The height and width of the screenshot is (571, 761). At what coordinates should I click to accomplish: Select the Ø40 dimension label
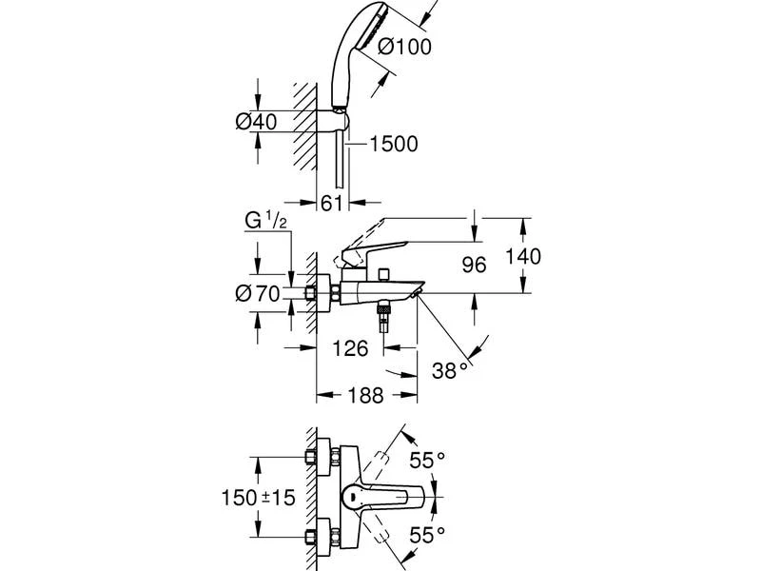point(255,121)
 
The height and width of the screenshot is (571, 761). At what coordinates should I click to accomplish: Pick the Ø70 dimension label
point(257,294)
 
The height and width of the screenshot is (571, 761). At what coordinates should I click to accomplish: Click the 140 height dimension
point(523,256)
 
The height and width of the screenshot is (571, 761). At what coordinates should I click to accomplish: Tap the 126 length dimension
point(349,348)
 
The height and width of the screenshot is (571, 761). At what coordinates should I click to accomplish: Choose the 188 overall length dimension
point(364,395)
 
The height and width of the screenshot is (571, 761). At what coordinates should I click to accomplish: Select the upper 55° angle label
point(428,461)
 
